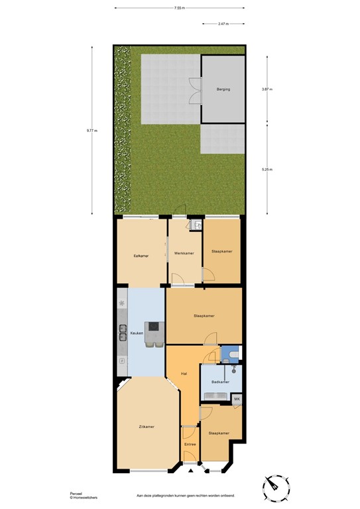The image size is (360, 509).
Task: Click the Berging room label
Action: click(x=223, y=88)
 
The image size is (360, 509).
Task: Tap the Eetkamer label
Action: click(x=141, y=255)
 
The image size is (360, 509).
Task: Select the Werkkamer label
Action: click(x=184, y=253)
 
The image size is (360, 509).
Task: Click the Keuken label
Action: click(x=137, y=332)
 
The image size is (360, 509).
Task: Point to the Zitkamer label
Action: click(x=147, y=426)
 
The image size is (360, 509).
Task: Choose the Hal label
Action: click(x=184, y=374)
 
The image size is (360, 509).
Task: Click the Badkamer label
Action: click(x=220, y=382)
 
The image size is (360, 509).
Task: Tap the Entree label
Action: click(x=190, y=445)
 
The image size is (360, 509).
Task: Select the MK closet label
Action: click(x=237, y=399)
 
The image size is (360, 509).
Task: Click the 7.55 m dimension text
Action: click(x=179, y=8)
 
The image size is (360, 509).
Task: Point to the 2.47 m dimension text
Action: click(x=223, y=24)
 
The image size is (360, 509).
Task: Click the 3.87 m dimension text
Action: click(x=267, y=89)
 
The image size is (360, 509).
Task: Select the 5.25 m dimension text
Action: click(x=267, y=169)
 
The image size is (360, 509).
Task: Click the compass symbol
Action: click(x=276, y=488)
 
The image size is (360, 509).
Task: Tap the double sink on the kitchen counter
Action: click(x=123, y=331)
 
